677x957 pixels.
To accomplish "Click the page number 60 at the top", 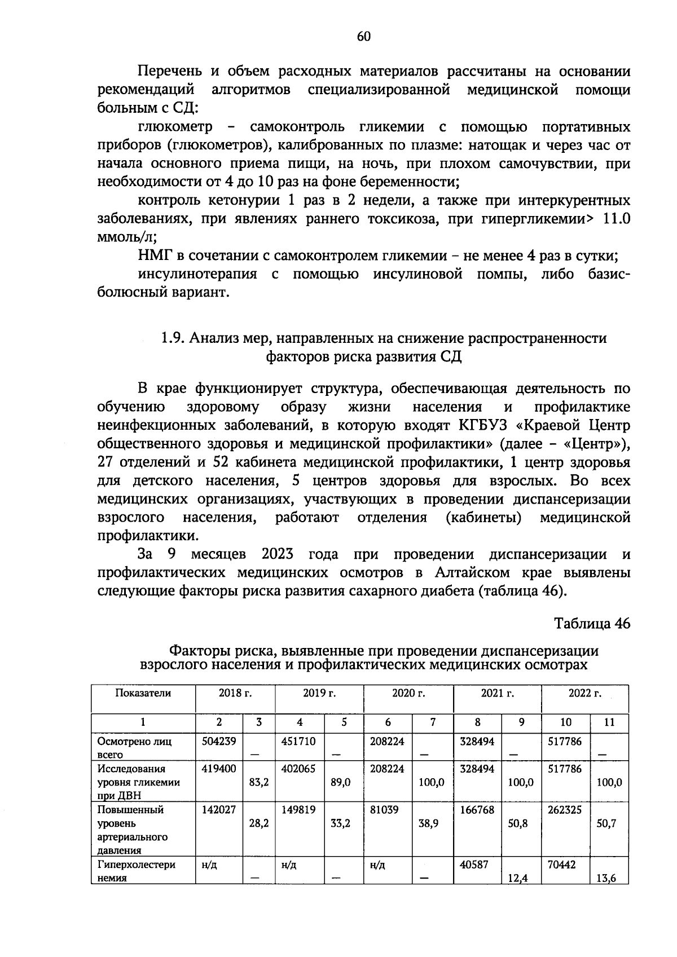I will (364, 37).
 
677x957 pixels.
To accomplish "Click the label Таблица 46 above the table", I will (591, 624).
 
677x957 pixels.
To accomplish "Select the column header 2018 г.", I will (235, 694).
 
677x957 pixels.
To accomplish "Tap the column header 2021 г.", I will (497, 694).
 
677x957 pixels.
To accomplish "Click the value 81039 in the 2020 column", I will (384, 810).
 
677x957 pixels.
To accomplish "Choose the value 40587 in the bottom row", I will (474, 865).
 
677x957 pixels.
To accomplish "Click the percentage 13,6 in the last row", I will (606, 878).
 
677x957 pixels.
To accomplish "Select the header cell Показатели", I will (143, 694).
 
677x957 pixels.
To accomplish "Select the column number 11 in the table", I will (609, 722).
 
